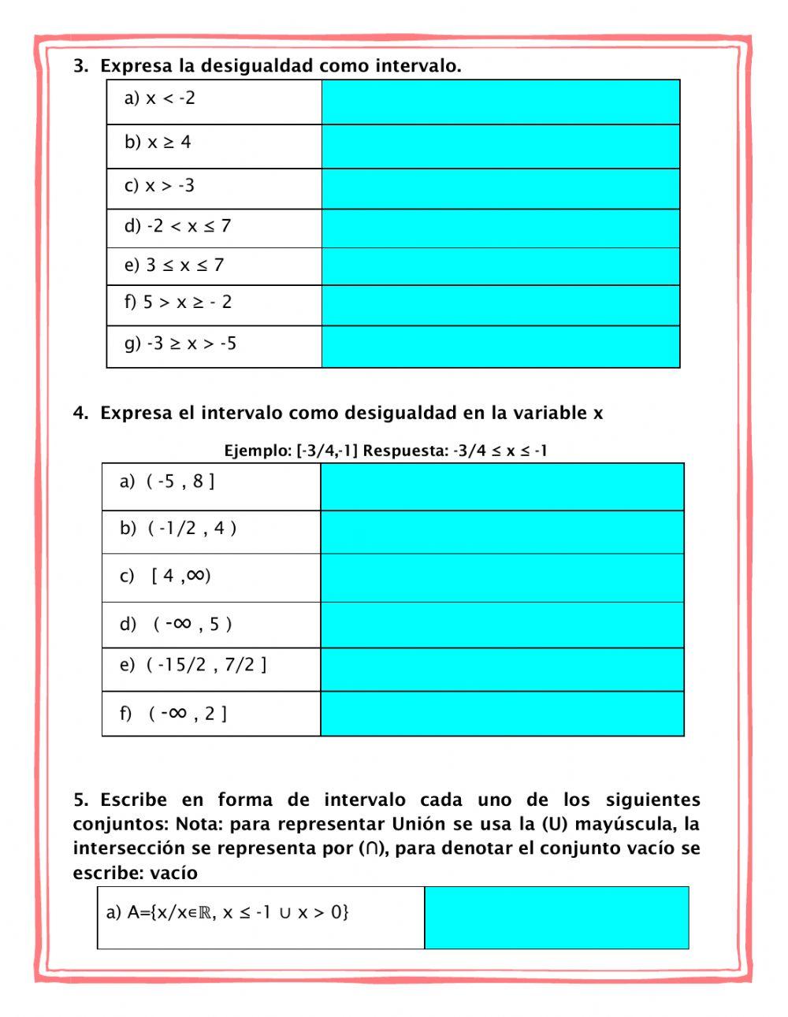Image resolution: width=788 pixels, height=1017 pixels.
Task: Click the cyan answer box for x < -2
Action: pyautogui.click(x=500, y=102)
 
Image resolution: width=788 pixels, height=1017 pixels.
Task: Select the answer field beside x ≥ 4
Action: pyautogui.click(x=500, y=146)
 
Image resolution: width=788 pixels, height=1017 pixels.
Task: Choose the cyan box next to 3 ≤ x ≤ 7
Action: pyautogui.click(x=500, y=266)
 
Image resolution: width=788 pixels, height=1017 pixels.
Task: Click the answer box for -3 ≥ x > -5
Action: pyautogui.click(x=500, y=347)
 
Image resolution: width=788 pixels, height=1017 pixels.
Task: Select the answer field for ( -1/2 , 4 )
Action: pyautogui.click(x=502, y=532)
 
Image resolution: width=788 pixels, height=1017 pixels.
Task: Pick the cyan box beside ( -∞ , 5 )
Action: pyautogui.click(x=502, y=625)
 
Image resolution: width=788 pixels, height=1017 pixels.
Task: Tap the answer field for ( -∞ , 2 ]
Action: pyautogui.click(x=502, y=714)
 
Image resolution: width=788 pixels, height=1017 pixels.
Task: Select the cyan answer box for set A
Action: pyautogui.click(x=556, y=918)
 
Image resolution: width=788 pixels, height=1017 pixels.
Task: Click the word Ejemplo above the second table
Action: pyautogui.click(x=256, y=451)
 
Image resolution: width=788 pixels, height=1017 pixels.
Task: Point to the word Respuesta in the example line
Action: pyautogui.click(x=404, y=451)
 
